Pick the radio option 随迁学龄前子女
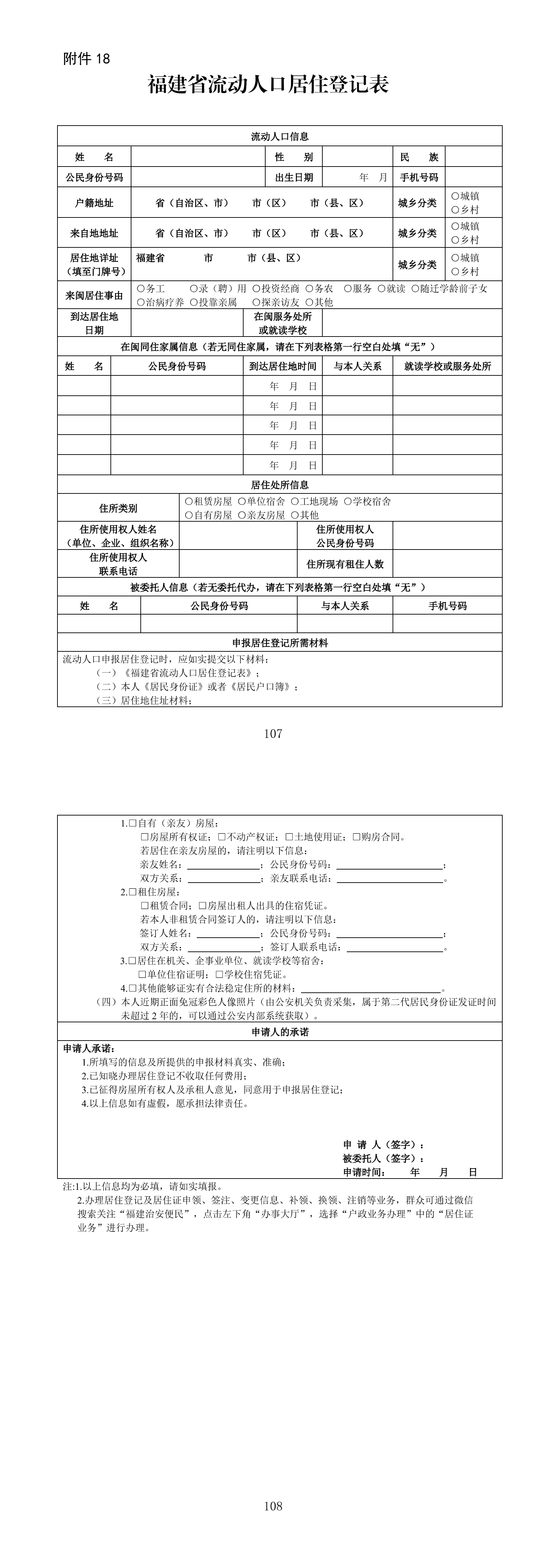[x=415, y=288]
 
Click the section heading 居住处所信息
[x=280, y=484]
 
